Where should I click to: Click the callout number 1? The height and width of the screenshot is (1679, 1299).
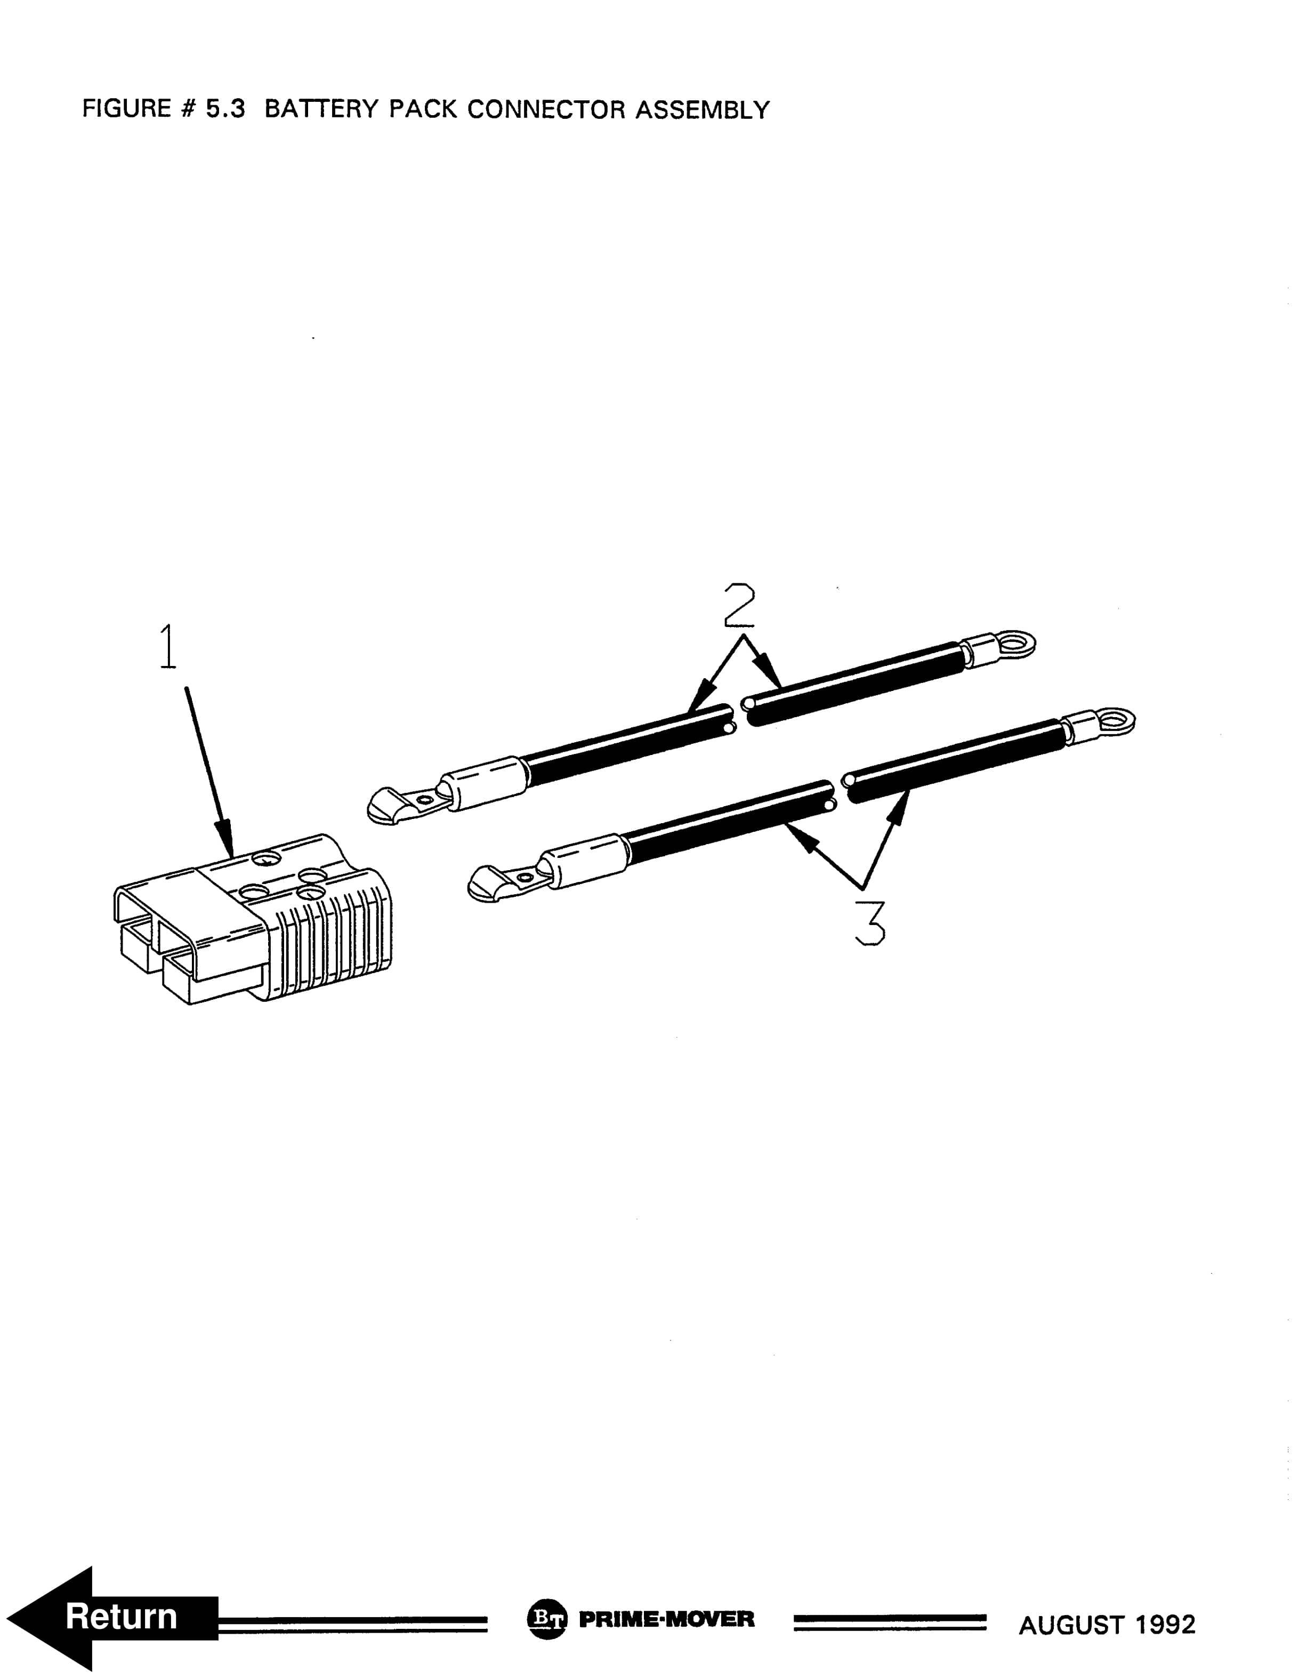click(167, 647)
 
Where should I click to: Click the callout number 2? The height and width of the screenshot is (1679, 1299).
click(739, 606)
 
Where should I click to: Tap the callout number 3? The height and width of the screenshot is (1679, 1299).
click(869, 922)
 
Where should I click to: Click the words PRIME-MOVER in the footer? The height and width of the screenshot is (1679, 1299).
click(666, 1618)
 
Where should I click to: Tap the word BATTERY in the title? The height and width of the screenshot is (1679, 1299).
click(322, 109)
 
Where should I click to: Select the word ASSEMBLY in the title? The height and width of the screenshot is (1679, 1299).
click(702, 110)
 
